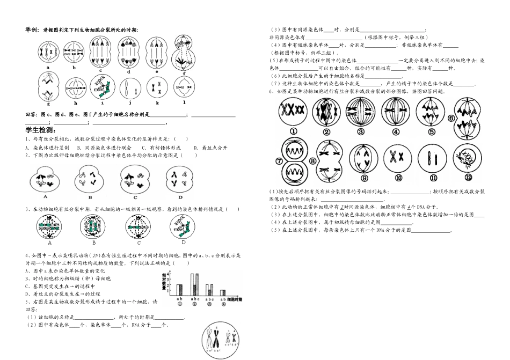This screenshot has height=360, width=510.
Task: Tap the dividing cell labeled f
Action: (x=184, y=50)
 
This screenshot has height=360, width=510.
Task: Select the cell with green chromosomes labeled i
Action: (x=102, y=86)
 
